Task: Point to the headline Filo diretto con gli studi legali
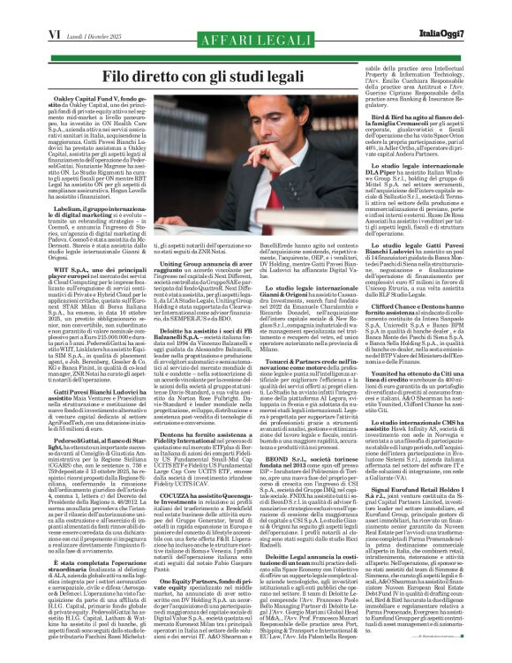[256, 58]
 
